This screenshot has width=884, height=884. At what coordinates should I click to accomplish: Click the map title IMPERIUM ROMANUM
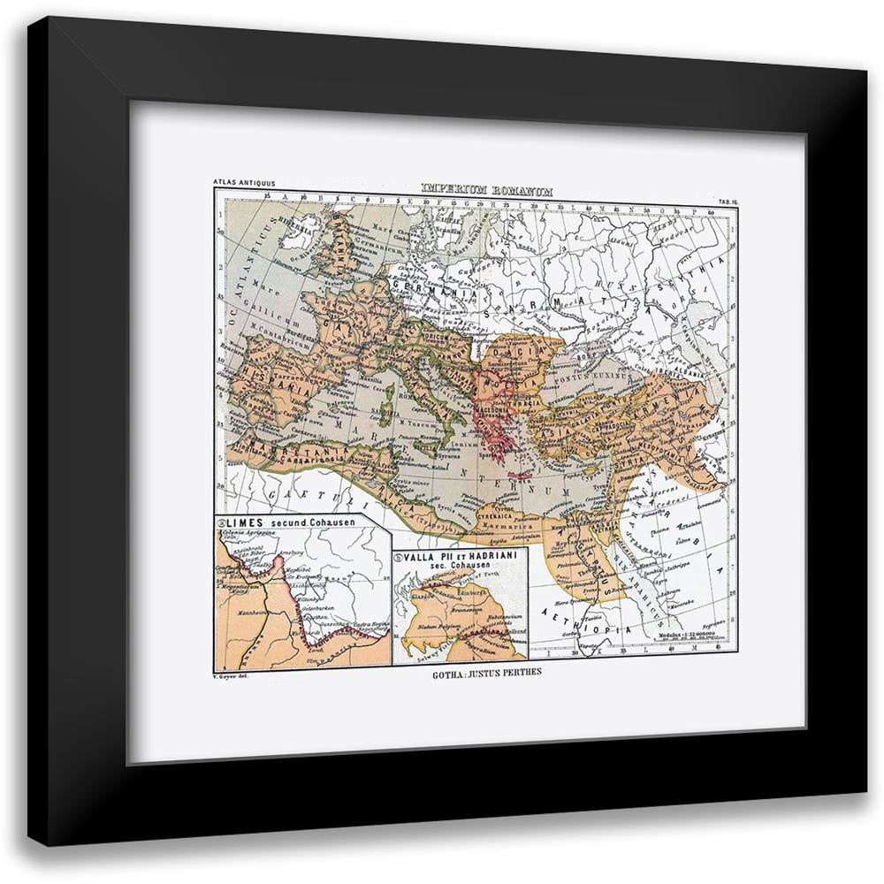474,188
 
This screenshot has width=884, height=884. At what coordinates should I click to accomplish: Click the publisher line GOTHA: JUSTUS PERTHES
475,669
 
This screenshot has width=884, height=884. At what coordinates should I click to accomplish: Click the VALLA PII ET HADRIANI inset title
461,560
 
